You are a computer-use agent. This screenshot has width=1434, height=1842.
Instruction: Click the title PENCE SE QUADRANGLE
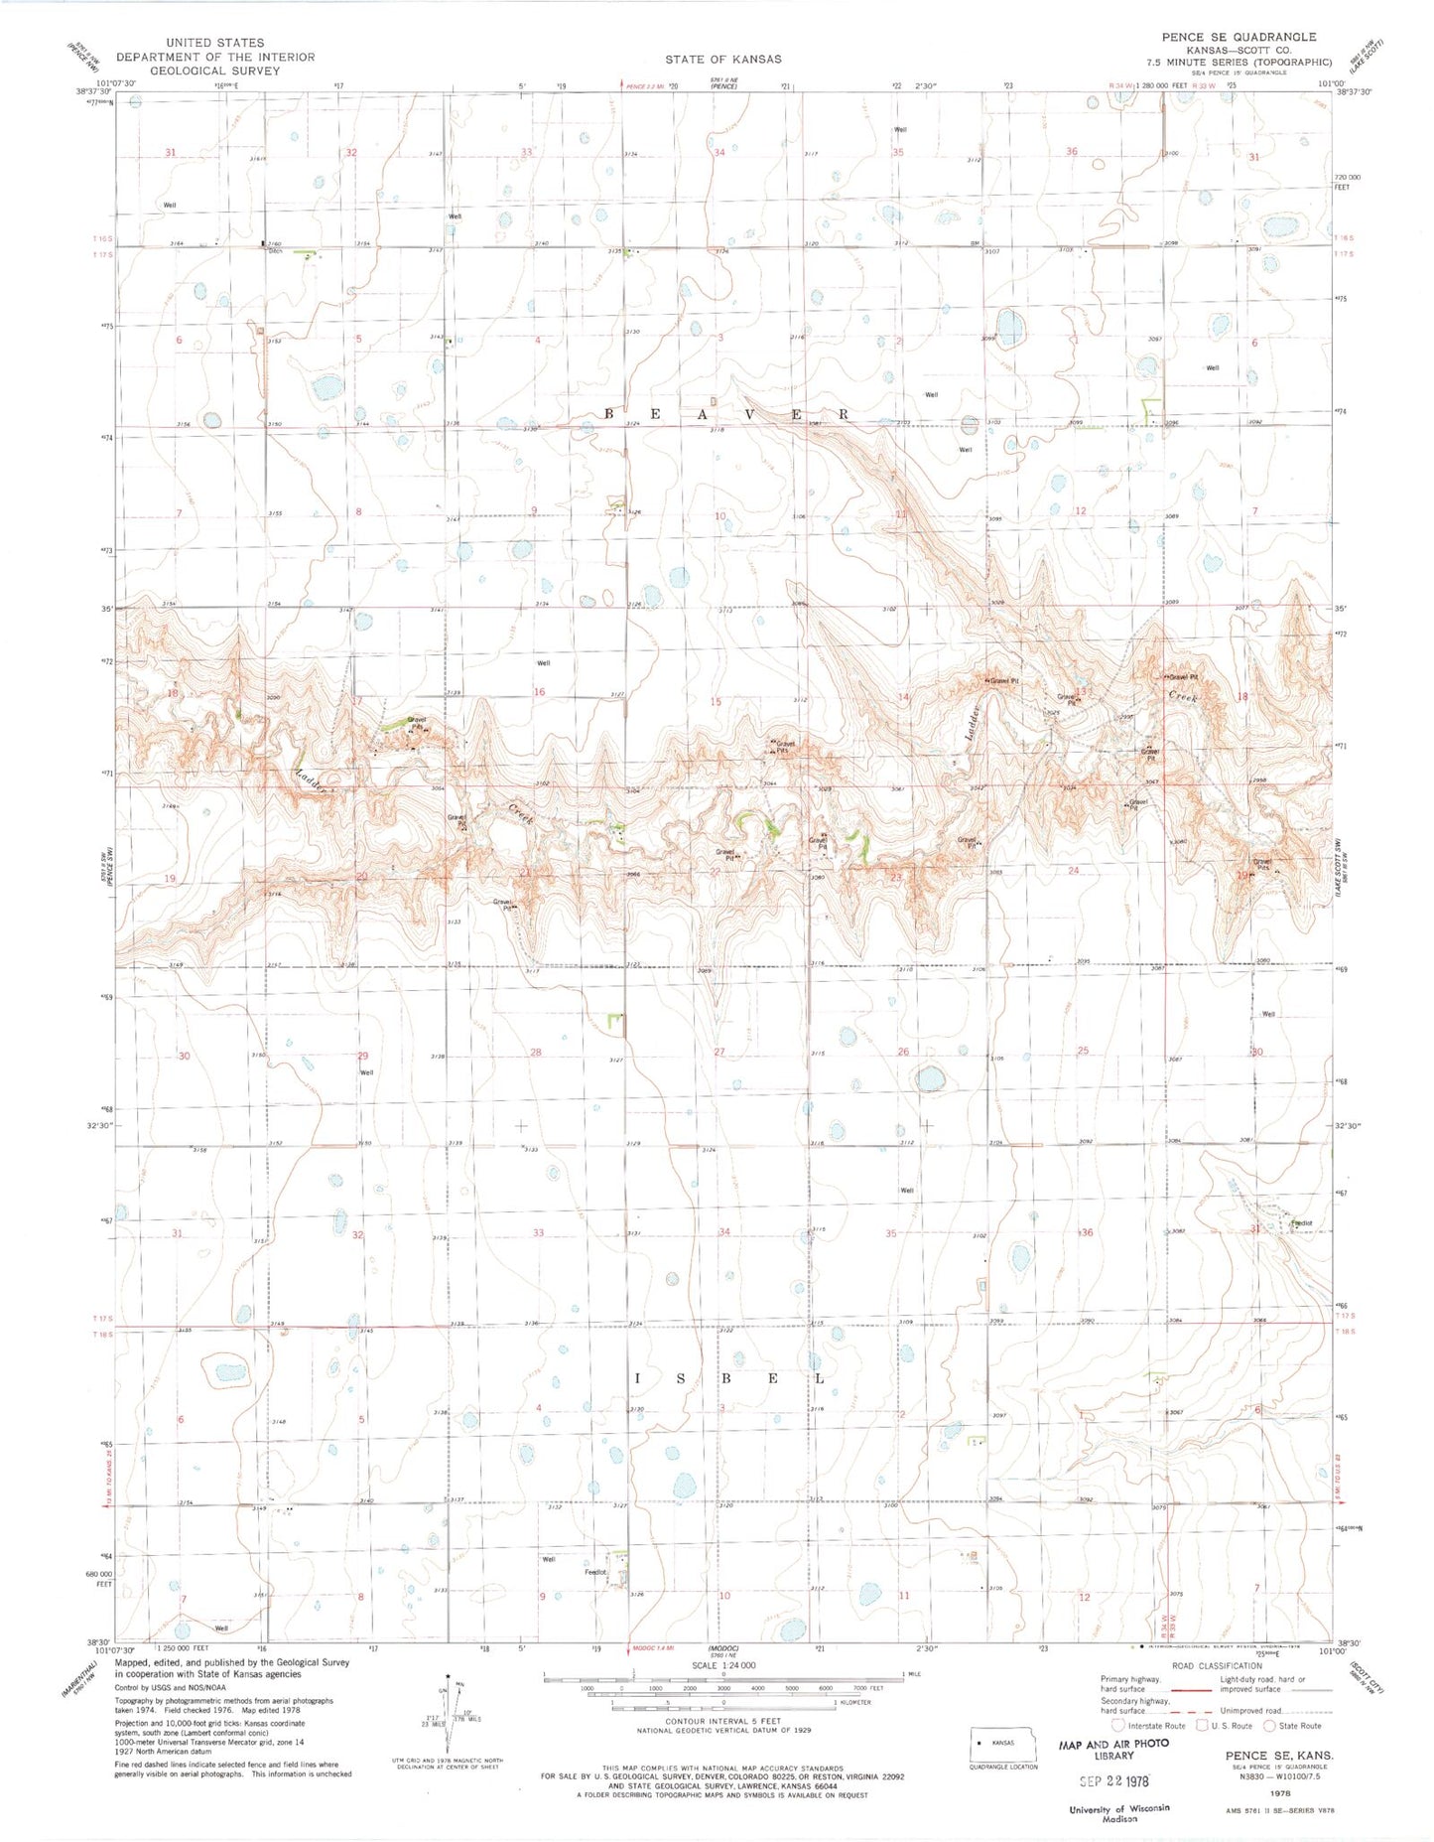[1238, 37]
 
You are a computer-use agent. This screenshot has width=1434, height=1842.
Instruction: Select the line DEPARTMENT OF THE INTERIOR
[215, 57]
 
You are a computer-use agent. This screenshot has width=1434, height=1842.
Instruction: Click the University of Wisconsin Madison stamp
[1118, 1813]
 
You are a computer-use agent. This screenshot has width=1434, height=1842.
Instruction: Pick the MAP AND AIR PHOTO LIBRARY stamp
[1113, 1750]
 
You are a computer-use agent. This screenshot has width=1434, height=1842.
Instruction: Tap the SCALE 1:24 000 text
[723, 1665]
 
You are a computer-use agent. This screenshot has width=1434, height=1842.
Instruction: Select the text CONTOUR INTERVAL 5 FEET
[723, 1721]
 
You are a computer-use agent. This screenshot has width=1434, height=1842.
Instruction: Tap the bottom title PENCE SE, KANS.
[1279, 1756]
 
